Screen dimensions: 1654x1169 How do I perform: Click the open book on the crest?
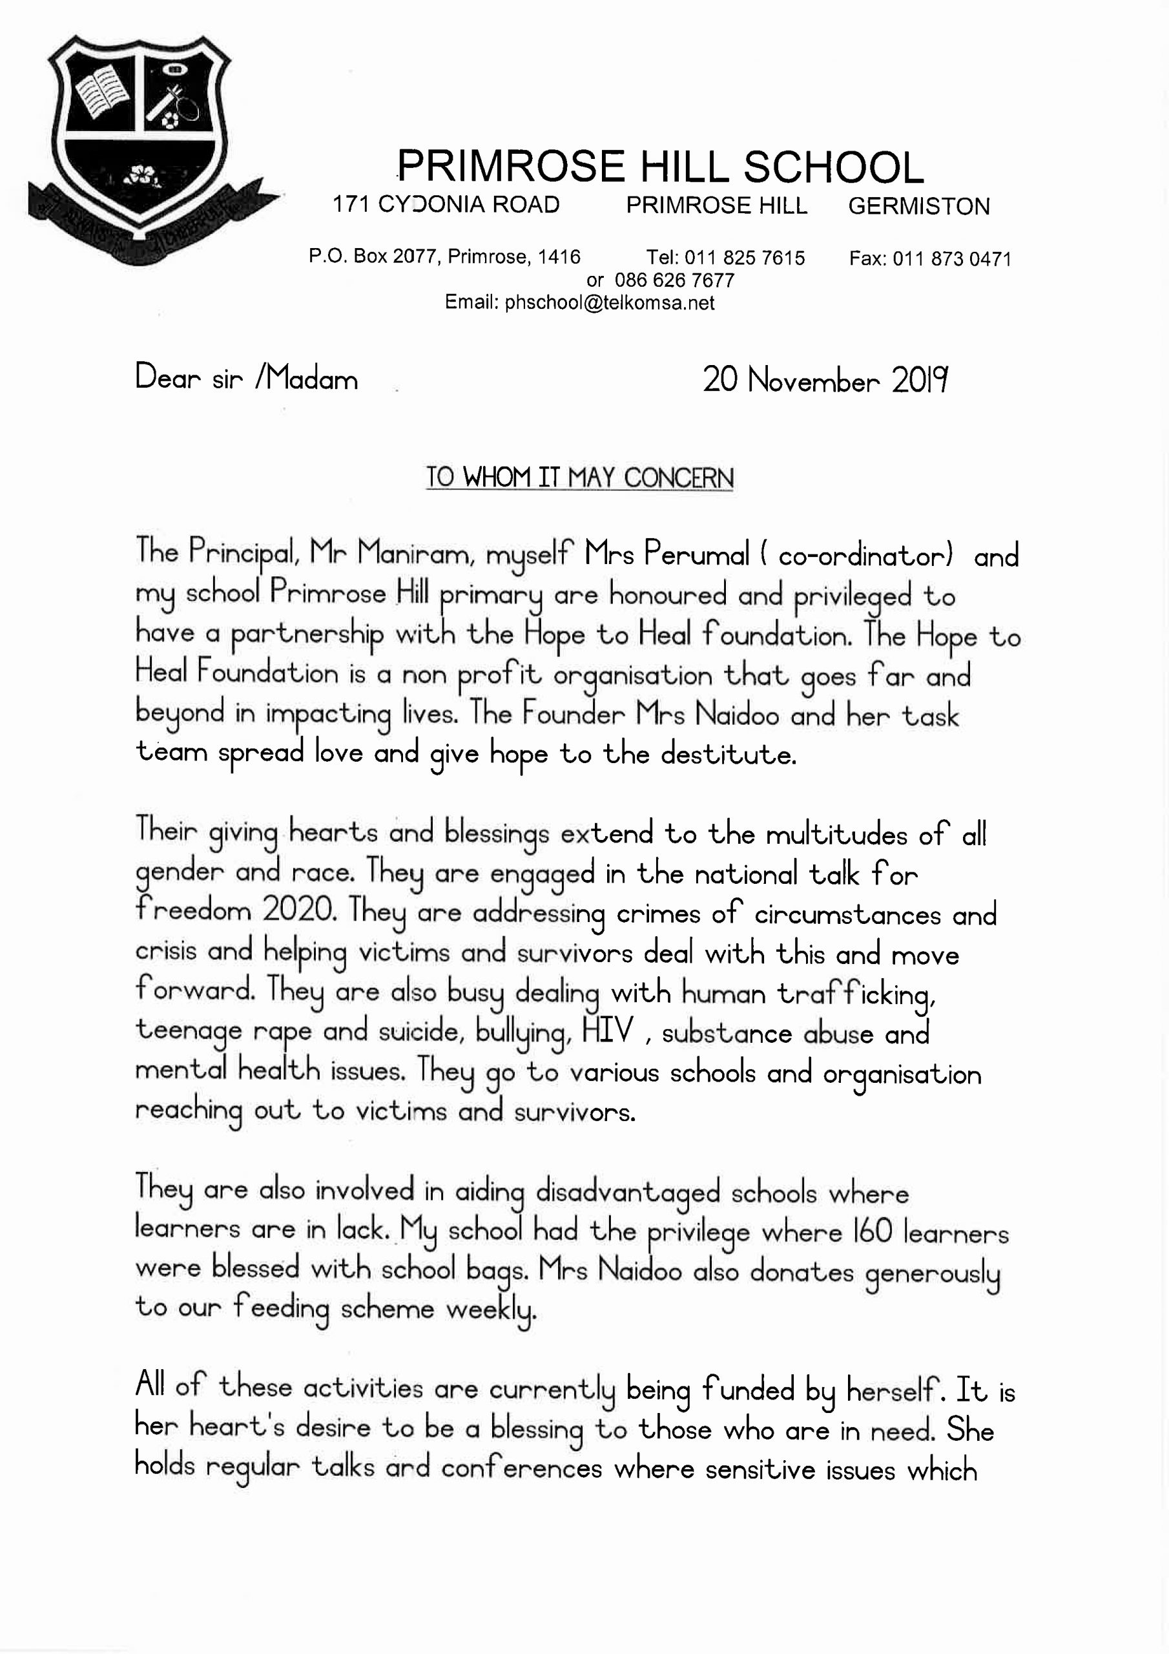100,93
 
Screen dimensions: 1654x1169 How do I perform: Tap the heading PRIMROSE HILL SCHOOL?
660,167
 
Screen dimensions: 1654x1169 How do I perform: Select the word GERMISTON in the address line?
918,207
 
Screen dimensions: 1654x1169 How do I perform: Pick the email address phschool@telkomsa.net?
609,302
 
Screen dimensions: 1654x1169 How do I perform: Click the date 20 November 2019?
825,380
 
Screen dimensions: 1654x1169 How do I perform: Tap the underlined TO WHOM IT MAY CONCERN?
579,477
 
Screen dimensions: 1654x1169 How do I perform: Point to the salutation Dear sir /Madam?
246,378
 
